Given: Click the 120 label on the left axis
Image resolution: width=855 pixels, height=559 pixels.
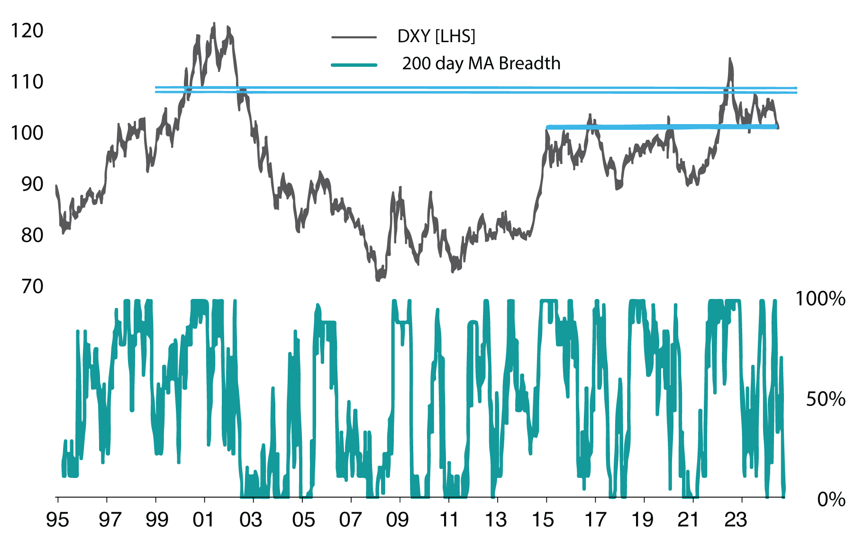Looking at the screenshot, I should click(27, 31).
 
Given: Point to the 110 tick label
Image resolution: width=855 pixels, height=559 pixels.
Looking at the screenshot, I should click(27, 82).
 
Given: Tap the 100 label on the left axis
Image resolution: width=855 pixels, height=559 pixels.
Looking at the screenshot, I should click(27, 133).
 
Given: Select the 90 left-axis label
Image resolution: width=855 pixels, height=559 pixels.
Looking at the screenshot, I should click(32, 184).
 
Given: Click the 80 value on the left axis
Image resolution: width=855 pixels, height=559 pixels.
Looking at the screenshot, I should click(32, 235).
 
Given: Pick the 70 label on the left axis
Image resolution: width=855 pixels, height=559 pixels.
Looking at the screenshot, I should click(32, 287).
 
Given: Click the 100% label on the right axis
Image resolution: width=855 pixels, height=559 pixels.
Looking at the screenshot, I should click(820, 299).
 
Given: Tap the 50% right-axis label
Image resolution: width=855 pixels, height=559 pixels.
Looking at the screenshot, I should click(826, 400).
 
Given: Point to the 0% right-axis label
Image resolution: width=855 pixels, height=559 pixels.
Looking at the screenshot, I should click(831, 500).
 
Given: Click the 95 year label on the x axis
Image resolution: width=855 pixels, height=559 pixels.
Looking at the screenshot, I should click(57, 520).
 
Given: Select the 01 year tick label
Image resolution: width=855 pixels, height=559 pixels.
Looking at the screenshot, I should click(204, 520).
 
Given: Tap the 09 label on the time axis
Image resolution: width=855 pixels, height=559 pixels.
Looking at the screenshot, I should click(397, 520).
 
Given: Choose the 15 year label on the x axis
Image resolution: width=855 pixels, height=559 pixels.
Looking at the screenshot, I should click(543, 520).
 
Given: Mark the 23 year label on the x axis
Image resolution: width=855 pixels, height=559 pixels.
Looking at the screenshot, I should click(736, 520).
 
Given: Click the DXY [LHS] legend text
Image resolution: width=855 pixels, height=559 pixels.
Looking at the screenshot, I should click(436, 36).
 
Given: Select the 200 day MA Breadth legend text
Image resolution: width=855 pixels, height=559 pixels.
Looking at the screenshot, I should click(481, 63).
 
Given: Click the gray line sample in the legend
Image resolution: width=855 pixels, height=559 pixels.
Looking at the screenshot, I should click(354, 37).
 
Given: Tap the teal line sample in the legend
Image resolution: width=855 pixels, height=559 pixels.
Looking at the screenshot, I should click(354, 64).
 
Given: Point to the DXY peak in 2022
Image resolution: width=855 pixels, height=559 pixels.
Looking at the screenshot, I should click(729, 59).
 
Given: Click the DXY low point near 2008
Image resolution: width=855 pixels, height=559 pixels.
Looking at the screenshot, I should click(378, 280).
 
